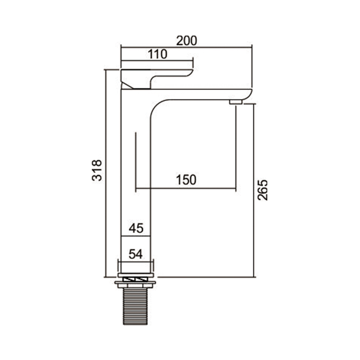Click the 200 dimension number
pos(186,40)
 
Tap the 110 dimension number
pos(157,54)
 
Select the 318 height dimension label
pos(97,171)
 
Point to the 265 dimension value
pos(263,190)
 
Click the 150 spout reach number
pos(186,180)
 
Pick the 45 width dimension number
pos(136,228)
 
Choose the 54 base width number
pos(136,254)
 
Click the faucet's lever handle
pos(157,78)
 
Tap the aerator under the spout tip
pos(236,102)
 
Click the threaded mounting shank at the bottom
pos(135,306)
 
